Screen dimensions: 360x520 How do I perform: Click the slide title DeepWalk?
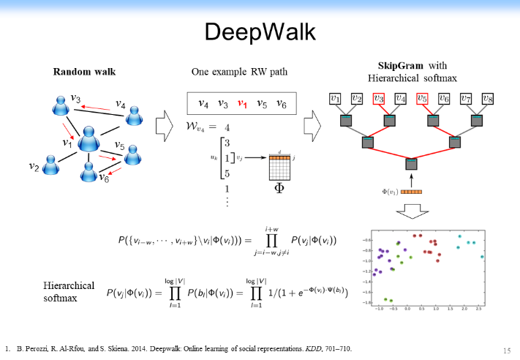[x=260, y=31]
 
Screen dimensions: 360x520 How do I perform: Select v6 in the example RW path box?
[x=282, y=105]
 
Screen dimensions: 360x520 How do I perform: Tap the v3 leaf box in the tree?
[x=379, y=98]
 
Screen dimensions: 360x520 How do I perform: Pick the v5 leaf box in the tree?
[x=422, y=98]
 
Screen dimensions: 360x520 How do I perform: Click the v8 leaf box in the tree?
[x=488, y=98]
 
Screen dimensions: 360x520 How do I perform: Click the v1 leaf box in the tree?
[x=335, y=98]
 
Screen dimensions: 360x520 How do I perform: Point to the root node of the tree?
[x=411, y=163]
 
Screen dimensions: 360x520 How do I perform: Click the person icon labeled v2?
[x=50, y=165]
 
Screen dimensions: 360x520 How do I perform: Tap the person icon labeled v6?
[x=88, y=172]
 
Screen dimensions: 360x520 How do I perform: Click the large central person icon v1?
[x=89, y=139]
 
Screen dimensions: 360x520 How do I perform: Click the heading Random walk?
[x=84, y=72]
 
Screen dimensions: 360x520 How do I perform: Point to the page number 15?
[x=507, y=349]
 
